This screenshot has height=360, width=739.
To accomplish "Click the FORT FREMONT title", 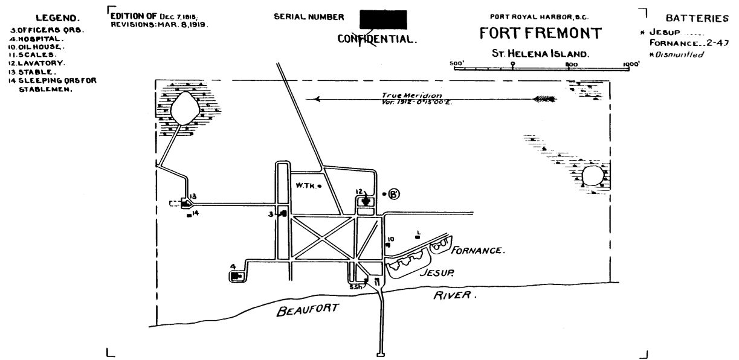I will tap(540, 33).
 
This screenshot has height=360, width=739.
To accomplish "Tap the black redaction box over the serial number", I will tap(383, 19).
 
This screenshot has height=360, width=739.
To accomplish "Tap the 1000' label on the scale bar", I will tap(631, 63).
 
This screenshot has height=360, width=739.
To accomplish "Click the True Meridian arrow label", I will tap(411, 96).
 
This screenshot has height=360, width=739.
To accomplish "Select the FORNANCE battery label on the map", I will tap(478, 249).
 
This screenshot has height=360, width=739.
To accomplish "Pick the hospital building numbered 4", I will tap(236, 275).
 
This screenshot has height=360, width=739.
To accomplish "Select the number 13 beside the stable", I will tap(193, 196).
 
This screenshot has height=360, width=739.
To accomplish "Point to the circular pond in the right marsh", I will tap(592, 176).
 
